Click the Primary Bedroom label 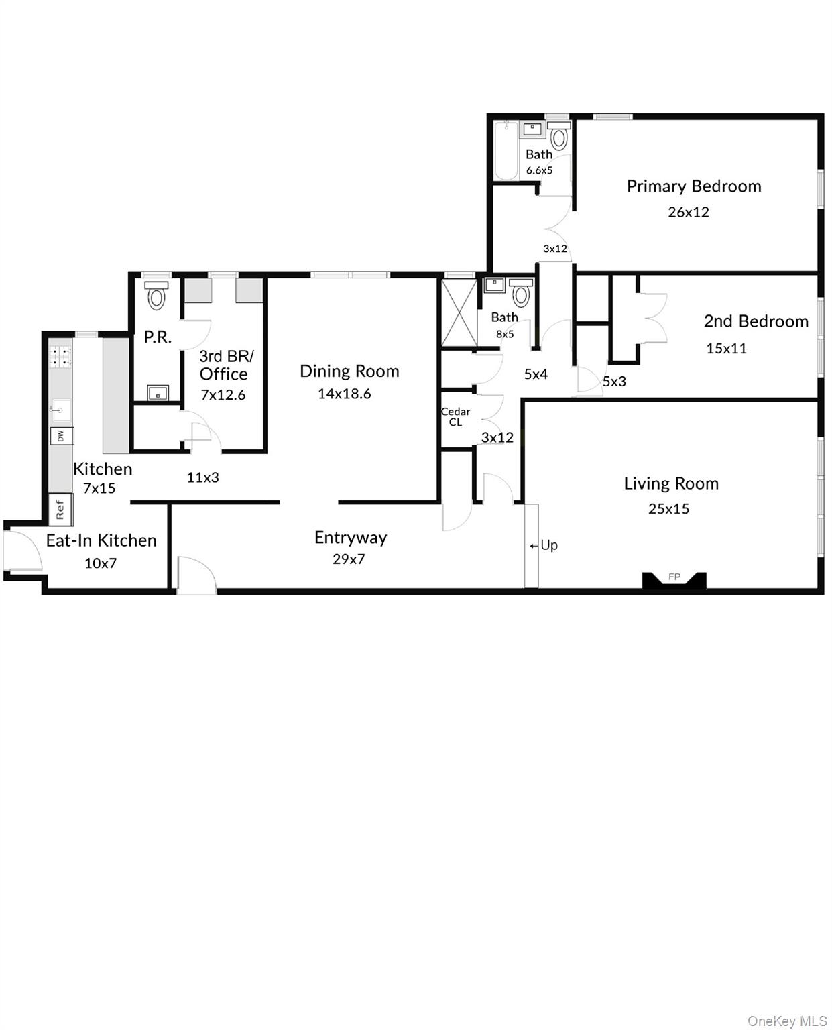[x=693, y=186]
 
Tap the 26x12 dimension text [x=688, y=212]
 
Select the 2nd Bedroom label [x=756, y=321]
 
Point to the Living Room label [x=670, y=483]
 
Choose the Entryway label [x=351, y=538]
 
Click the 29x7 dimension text [x=349, y=559]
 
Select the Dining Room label [x=349, y=371]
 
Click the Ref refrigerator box [x=60, y=509]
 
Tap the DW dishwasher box [x=61, y=436]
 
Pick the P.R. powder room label [x=158, y=337]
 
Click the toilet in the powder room [x=156, y=296]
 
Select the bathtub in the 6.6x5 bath [x=507, y=151]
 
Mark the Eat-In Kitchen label [x=101, y=540]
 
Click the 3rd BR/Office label [x=225, y=365]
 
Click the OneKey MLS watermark [x=786, y=1021]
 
